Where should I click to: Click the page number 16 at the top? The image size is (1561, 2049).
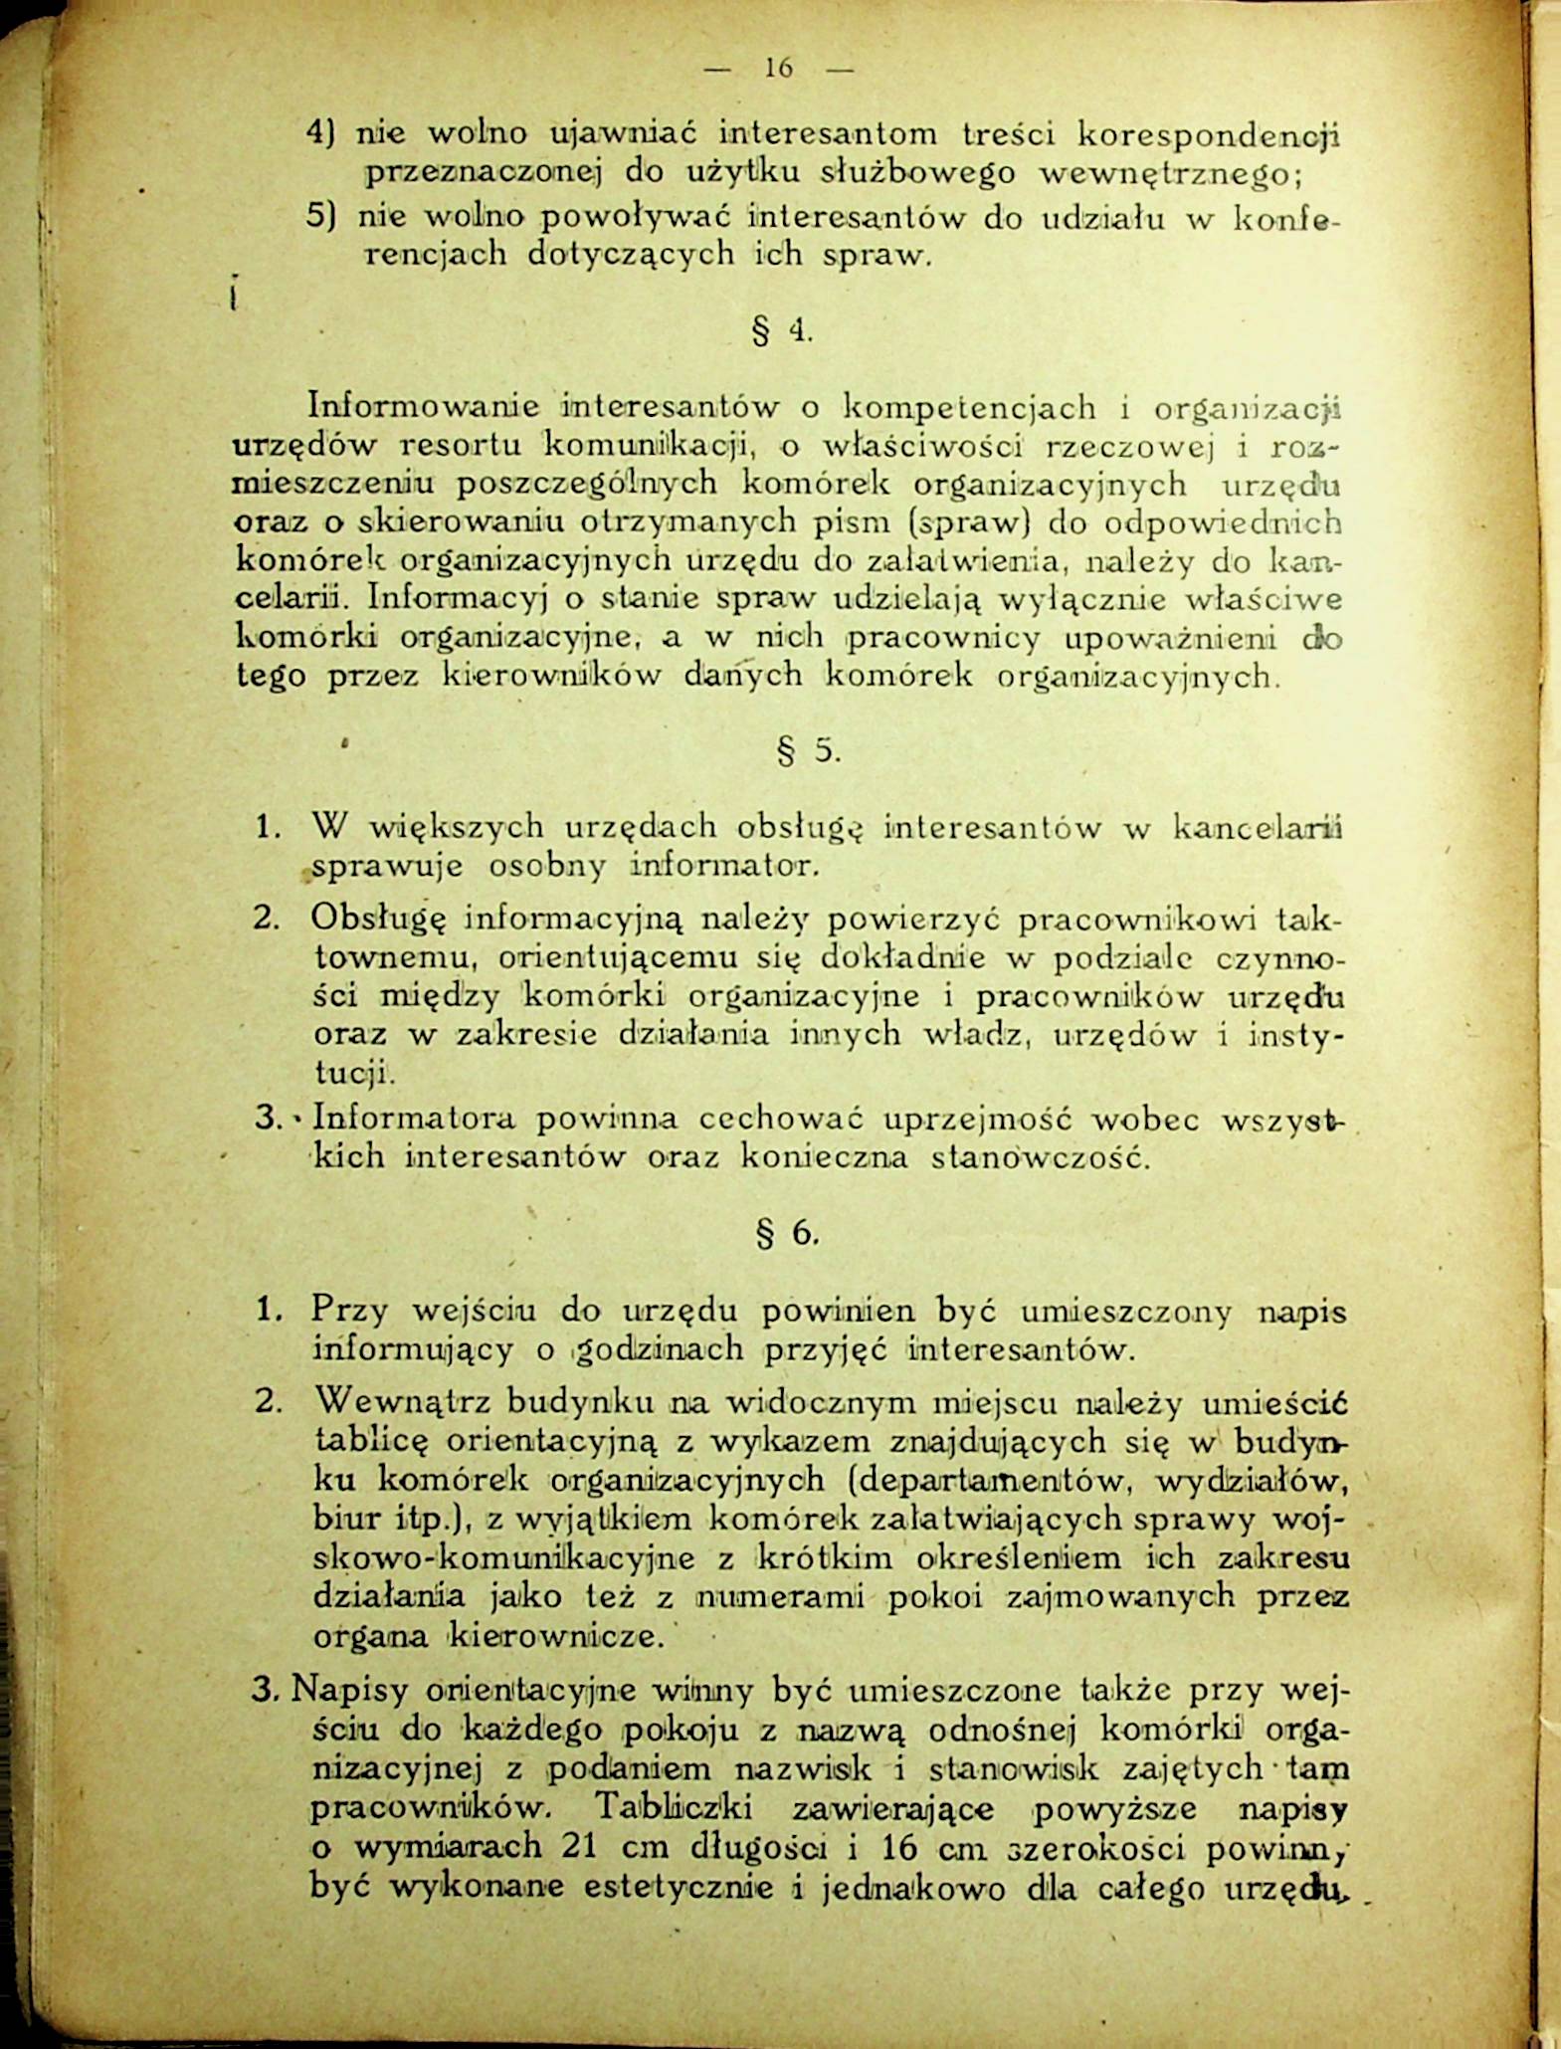(778, 68)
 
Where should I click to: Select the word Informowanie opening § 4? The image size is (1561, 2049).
(424, 406)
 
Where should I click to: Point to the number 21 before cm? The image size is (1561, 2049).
(583, 1847)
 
